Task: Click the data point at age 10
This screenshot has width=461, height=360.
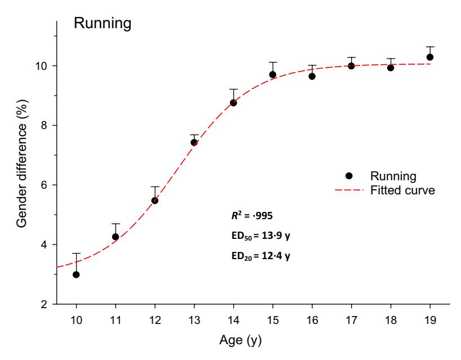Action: [76, 274]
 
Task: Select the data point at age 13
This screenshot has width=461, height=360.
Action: [194, 143]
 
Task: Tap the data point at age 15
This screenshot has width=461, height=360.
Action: [273, 74]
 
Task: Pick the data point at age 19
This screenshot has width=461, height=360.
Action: [430, 57]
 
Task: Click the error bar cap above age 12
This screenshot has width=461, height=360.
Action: [155, 186]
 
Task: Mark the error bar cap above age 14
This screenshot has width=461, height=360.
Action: [233, 89]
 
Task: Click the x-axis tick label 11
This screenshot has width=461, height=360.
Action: [116, 322]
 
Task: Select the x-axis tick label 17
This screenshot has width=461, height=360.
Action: [351, 322]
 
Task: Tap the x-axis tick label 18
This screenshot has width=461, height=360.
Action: [391, 322]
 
